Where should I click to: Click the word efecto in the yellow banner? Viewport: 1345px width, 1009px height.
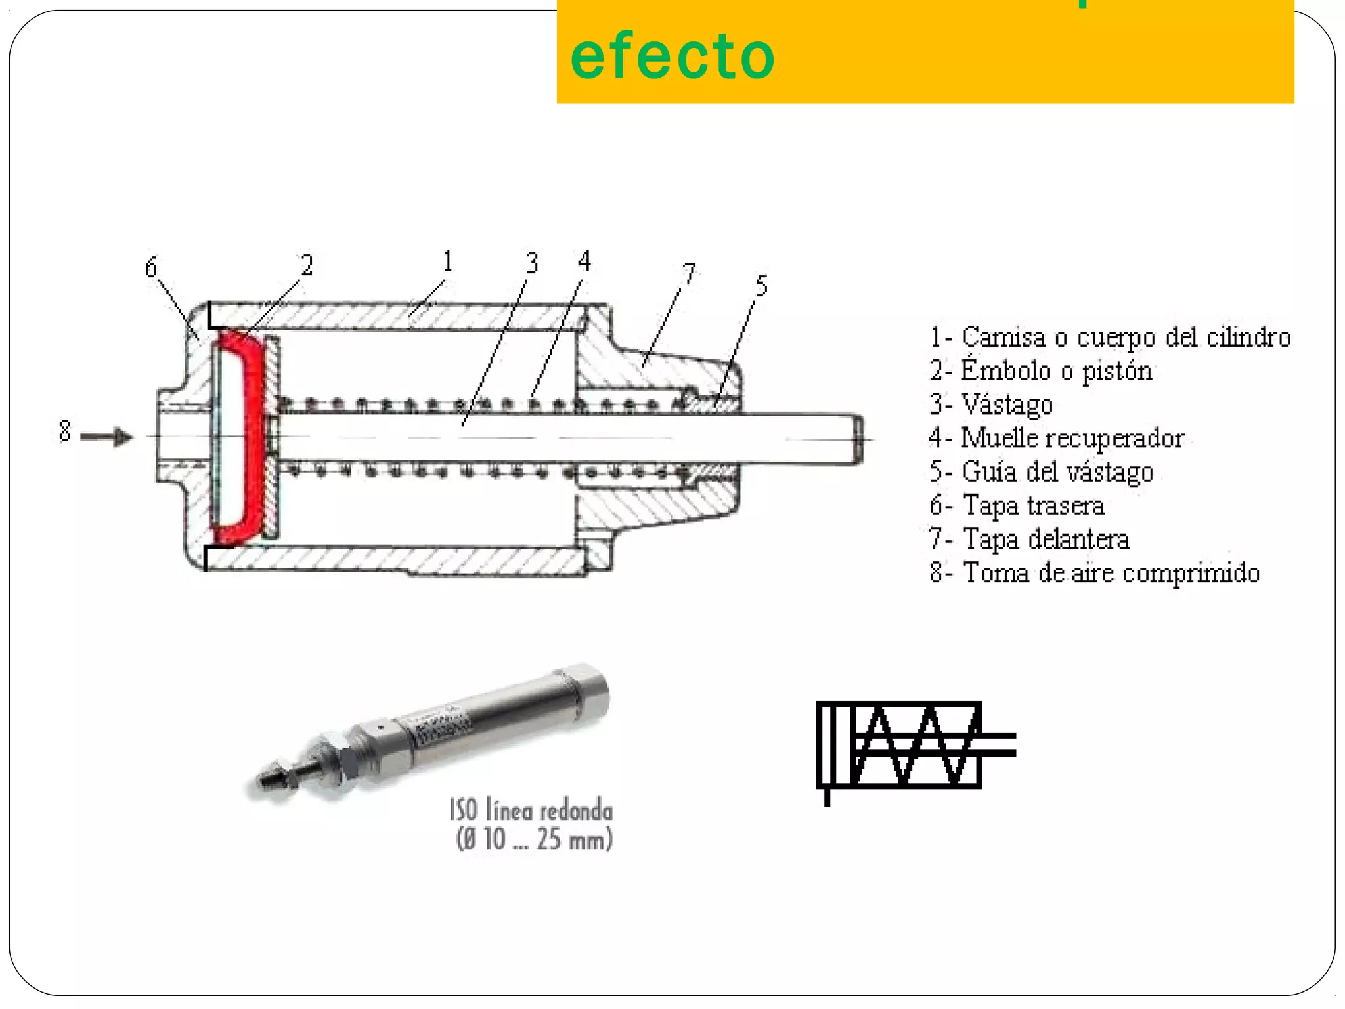[672, 56]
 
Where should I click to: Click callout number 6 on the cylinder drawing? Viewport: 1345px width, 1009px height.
[151, 268]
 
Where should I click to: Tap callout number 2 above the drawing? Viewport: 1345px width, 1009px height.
[307, 265]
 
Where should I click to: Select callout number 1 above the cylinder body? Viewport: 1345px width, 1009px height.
[448, 261]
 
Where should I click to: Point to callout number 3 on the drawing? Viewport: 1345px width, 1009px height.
[532, 263]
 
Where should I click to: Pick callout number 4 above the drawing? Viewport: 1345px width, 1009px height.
[584, 261]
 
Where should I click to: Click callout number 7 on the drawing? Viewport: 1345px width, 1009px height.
[689, 273]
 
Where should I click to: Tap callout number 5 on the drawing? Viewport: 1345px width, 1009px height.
[761, 286]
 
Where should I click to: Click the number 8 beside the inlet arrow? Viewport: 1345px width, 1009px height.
[64, 432]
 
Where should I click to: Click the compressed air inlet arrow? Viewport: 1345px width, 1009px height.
[108, 436]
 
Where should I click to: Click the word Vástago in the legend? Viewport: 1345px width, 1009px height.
[1007, 405]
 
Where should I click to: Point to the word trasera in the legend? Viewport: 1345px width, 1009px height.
[1066, 506]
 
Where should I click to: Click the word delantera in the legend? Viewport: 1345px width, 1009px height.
[1078, 539]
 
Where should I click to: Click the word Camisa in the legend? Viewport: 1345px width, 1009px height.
[1003, 337]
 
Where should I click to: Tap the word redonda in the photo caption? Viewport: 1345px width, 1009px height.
[576, 812]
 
